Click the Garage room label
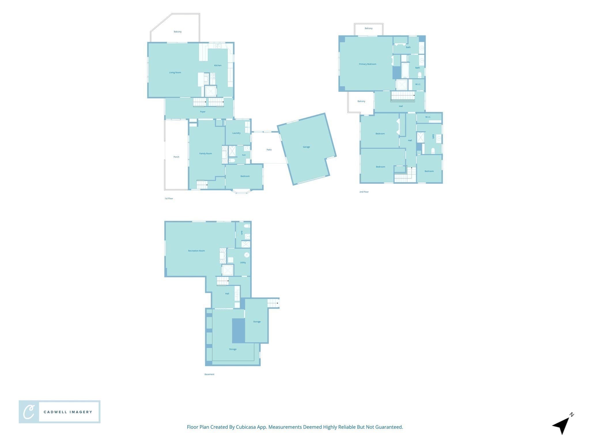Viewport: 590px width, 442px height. [x=306, y=147]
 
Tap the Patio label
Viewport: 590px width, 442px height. [x=269, y=150]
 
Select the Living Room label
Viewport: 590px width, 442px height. [x=175, y=73]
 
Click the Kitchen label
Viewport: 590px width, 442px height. [x=218, y=65]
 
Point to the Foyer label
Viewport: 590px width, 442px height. [x=203, y=112]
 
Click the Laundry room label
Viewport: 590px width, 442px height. [x=237, y=133]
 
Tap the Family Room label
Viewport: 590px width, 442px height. [x=206, y=154]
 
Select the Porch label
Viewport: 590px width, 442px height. [x=176, y=157]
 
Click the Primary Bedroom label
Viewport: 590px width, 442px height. [x=368, y=64]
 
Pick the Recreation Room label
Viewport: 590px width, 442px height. [x=196, y=251]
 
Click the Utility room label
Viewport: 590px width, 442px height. [x=243, y=262]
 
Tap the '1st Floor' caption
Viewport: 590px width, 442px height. [x=169, y=199]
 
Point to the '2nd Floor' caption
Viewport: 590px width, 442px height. [x=364, y=192]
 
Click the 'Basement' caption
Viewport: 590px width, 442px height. [x=209, y=374]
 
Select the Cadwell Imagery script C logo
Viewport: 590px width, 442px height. [x=29, y=412]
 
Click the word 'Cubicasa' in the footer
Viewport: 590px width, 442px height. [x=246, y=427]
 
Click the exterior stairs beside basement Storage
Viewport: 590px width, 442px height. [x=273, y=303]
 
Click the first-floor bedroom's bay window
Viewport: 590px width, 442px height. [x=241, y=191]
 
